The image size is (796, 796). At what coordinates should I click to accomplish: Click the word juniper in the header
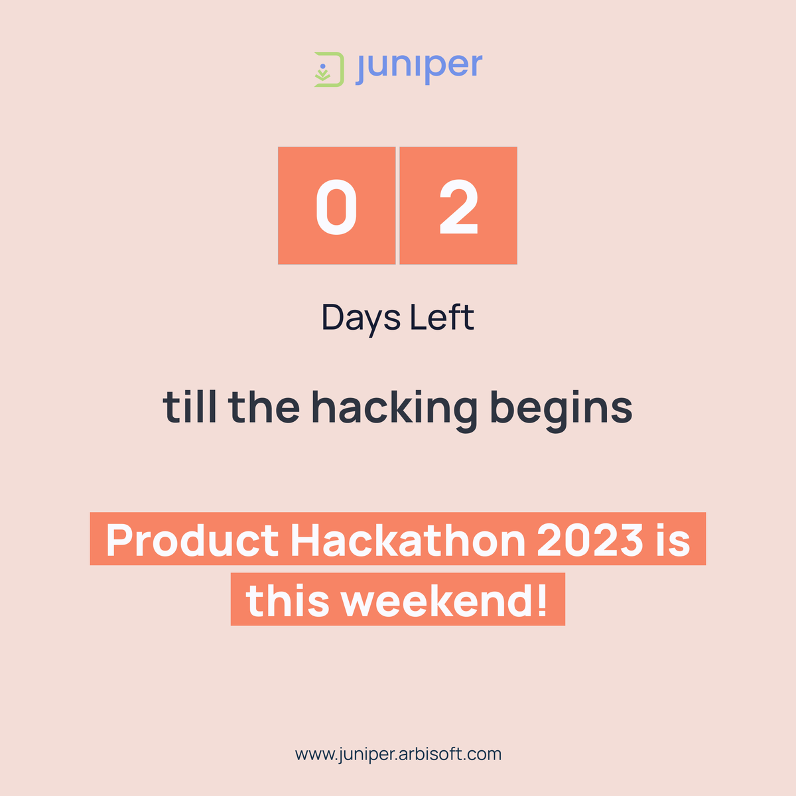point(419,66)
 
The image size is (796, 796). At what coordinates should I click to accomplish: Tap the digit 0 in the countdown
point(336,207)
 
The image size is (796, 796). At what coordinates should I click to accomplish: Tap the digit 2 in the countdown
point(458,207)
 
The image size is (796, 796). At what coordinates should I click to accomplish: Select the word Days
point(361,318)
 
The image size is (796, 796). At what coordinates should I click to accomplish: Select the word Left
point(441,317)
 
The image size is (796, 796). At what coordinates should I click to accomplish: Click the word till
point(190,407)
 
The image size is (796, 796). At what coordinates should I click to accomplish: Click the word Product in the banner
point(192,541)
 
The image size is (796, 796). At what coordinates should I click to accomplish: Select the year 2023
point(590,541)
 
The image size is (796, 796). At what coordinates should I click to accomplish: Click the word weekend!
point(444,601)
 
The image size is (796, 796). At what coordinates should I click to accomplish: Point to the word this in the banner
point(287,601)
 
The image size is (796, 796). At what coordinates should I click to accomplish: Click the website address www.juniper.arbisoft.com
point(398,754)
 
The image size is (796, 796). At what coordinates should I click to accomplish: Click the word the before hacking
point(264,407)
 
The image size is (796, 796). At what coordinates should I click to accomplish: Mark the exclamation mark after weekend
point(543,601)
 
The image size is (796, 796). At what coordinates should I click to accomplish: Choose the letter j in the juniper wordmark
point(362,69)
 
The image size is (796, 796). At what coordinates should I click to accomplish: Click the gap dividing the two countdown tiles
point(397,206)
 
